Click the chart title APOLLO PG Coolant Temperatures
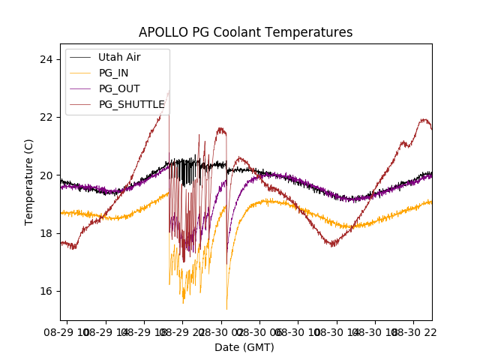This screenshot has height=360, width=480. pyautogui.click(x=245, y=32)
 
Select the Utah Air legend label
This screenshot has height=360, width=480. pyautogui.click(x=119, y=57)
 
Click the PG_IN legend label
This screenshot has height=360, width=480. pyautogui.click(x=115, y=73)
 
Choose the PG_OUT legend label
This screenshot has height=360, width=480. pyautogui.click(x=119, y=88)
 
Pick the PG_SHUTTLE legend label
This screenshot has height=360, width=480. pyautogui.click(x=131, y=104)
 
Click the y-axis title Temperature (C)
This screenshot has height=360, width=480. pyautogui.click(x=29, y=181)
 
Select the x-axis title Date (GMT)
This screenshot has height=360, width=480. pyautogui.click(x=244, y=347)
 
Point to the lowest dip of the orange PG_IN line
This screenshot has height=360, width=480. pyautogui.click(x=226, y=309)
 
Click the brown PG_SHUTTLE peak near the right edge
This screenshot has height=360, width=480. pyautogui.click(x=424, y=119)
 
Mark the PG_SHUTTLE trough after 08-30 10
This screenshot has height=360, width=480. pyautogui.click(x=333, y=245)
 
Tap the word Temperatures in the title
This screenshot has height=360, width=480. pyautogui.click(x=314, y=32)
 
